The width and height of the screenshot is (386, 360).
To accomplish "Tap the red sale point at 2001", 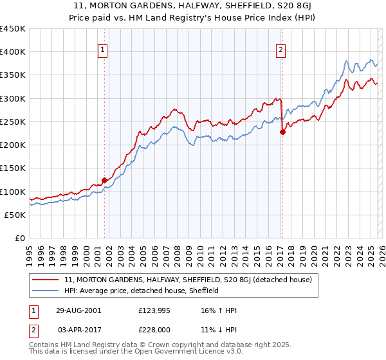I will point(104,181).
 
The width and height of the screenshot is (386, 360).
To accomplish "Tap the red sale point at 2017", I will point(282,132).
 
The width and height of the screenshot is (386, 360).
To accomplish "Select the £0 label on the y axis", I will point(19,239).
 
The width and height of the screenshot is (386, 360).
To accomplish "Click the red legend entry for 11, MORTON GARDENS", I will point(188,280).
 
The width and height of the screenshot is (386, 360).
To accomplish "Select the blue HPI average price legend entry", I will point(142,291).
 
